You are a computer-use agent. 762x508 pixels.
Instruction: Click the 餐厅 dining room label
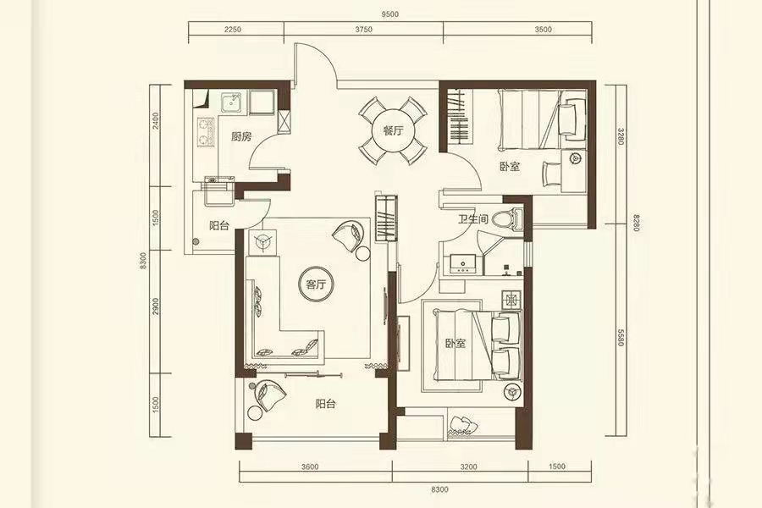(393, 130)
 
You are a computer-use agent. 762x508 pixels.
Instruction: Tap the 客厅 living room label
(316, 284)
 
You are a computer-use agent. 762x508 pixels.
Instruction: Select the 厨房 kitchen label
(241, 136)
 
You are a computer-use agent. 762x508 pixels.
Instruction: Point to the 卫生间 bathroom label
(472, 218)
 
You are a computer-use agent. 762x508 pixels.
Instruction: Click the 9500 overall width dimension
(389, 14)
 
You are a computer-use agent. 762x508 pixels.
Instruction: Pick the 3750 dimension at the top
(363, 29)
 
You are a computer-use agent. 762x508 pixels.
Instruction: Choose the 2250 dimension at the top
(233, 29)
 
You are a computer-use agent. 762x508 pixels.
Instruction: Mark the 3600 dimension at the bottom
(310, 467)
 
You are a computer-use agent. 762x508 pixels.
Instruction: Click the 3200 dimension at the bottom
(468, 467)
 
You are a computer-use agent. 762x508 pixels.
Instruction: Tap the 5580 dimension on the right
(621, 337)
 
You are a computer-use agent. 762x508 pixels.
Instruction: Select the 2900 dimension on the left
(156, 306)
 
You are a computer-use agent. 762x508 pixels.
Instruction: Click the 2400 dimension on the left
(156, 121)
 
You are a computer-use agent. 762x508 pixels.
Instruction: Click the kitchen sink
(232, 102)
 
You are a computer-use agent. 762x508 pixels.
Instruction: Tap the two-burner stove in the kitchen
(205, 132)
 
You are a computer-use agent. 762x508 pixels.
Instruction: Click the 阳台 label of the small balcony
(219, 225)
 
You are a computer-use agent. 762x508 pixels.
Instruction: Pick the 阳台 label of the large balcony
(325, 404)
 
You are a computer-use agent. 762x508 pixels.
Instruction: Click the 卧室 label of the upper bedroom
(510, 167)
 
